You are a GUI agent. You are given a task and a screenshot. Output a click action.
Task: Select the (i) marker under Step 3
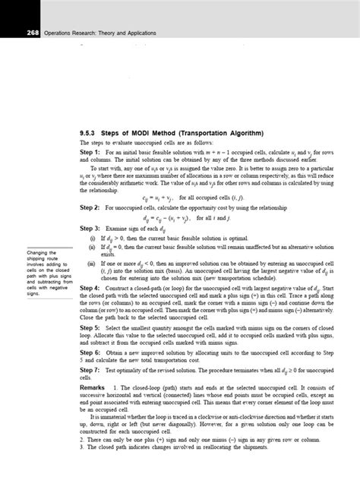92,238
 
